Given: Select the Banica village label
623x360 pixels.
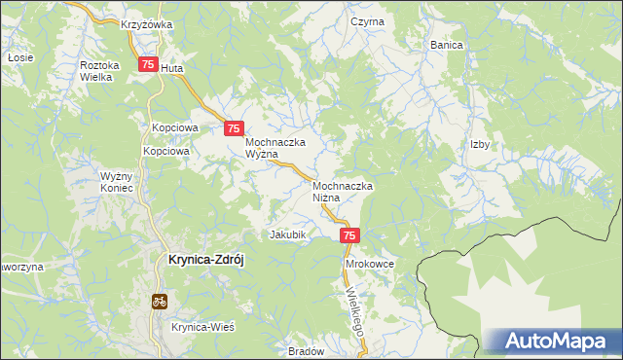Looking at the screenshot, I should (446, 45).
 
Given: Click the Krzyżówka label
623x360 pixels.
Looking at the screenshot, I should (147, 24).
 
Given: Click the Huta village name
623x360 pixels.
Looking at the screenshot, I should (171, 69).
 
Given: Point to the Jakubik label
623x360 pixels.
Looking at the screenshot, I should (288, 234).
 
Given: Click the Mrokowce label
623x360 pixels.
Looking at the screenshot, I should (369, 264).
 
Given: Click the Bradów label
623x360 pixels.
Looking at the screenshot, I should (306, 351).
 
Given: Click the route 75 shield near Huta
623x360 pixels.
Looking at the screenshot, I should (148, 65).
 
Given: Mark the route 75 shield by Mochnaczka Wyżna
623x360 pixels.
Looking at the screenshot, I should (234, 128).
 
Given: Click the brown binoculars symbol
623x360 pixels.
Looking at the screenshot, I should (158, 302).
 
